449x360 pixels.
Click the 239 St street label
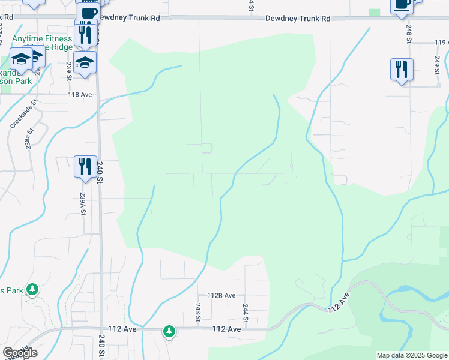point(69,71)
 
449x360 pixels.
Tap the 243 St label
point(197,312)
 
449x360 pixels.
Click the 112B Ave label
point(221,295)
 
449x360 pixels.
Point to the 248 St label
point(408,32)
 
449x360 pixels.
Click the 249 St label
point(437,65)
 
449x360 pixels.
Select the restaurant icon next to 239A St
point(85,166)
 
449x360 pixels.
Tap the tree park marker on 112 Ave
point(170,331)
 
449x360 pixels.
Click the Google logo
point(20,353)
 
